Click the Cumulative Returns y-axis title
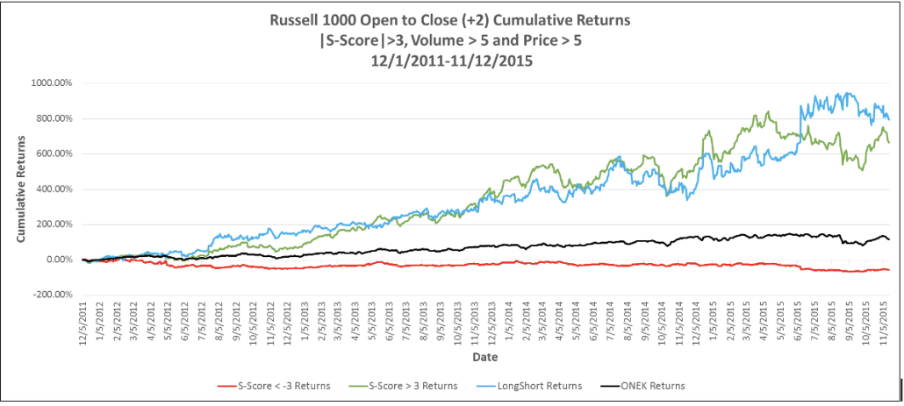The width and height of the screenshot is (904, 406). [21, 189]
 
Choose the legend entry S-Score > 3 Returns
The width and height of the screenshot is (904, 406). [415, 385]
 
